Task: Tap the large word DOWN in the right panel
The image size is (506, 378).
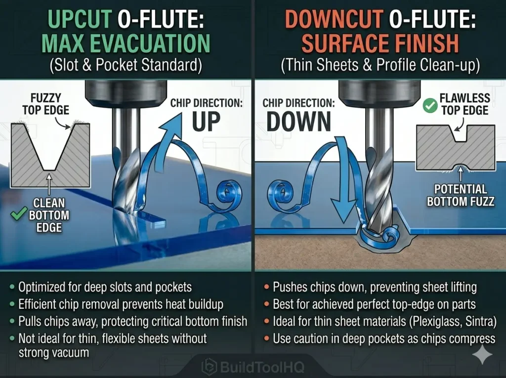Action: pyautogui.click(x=298, y=122)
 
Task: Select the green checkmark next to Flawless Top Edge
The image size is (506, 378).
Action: pyautogui.click(x=430, y=106)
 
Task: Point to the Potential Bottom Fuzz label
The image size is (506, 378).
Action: pyautogui.click(x=461, y=195)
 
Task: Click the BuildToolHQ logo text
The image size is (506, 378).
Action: pyautogui.click(x=253, y=367)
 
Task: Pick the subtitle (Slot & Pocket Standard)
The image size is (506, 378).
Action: pyautogui.click(x=126, y=65)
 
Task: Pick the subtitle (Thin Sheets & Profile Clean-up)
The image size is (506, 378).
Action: pyautogui.click(x=380, y=65)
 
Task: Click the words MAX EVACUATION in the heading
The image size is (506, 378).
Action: pyautogui.click(x=126, y=43)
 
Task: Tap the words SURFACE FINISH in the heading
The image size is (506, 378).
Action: pyautogui.click(x=380, y=43)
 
